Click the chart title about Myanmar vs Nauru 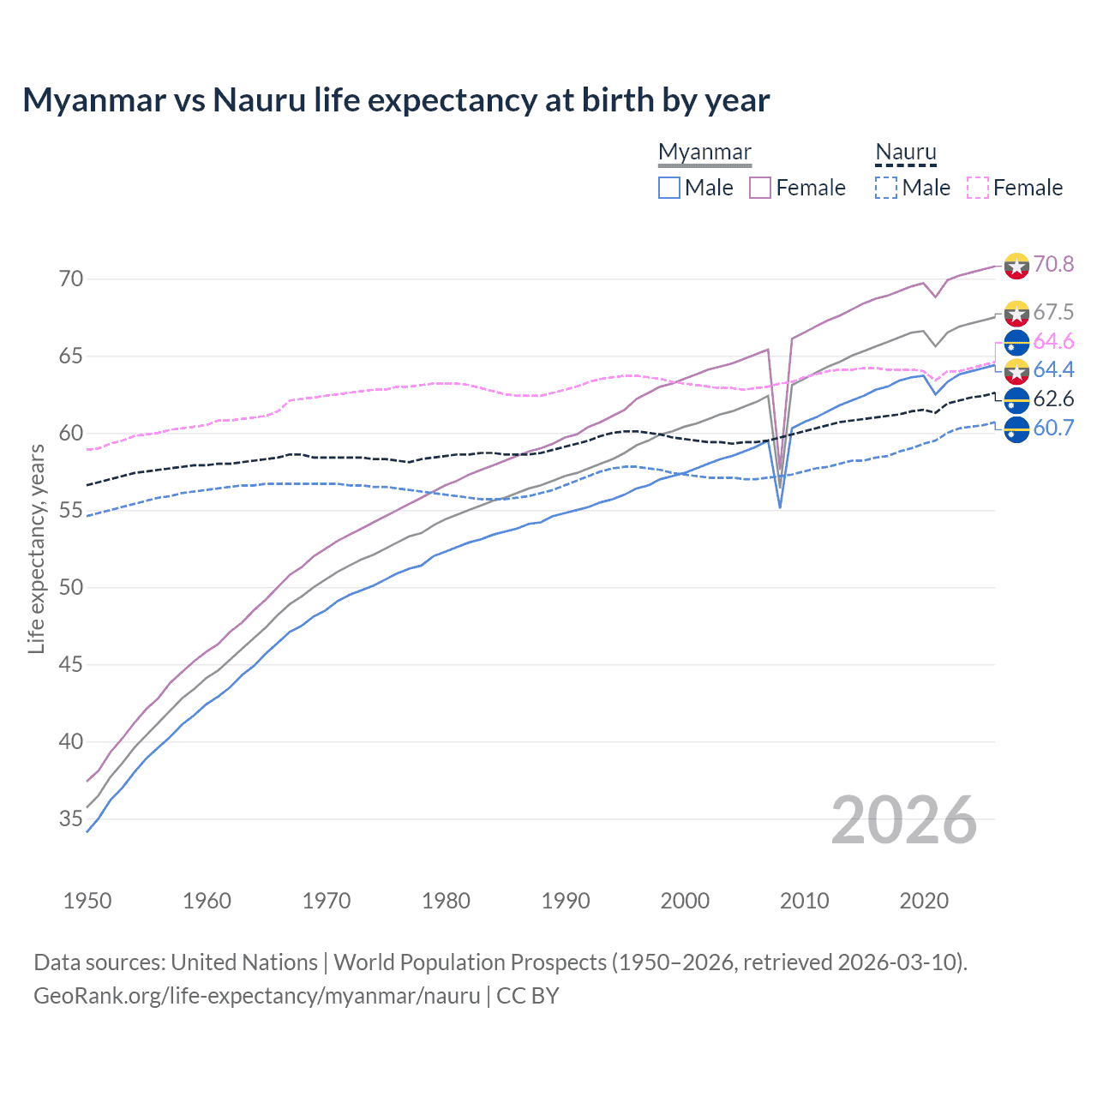tap(396, 100)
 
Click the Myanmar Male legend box tap(669, 188)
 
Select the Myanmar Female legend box tap(760, 188)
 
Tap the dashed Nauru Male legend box tap(886, 188)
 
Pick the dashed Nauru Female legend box tap(977, 188)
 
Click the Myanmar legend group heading tap(704, 153)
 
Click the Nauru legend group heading tap(906, 153)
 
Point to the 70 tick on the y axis tap(71, 279)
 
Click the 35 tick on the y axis tap(71, 819)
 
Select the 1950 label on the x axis tap(87, 901)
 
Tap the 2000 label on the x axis tap(685, 901)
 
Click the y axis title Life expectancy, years tap(36, 548)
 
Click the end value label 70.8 tap(1053, 264)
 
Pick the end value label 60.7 tap(1053, 428)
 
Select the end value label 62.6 tap(1053, 399)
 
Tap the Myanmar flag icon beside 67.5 tap(1016, 314)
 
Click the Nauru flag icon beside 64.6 tap(1016, 342)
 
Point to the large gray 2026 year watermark tap(904, 820)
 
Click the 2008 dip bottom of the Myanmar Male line tap(780, 507)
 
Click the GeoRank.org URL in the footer tap(257, 996)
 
